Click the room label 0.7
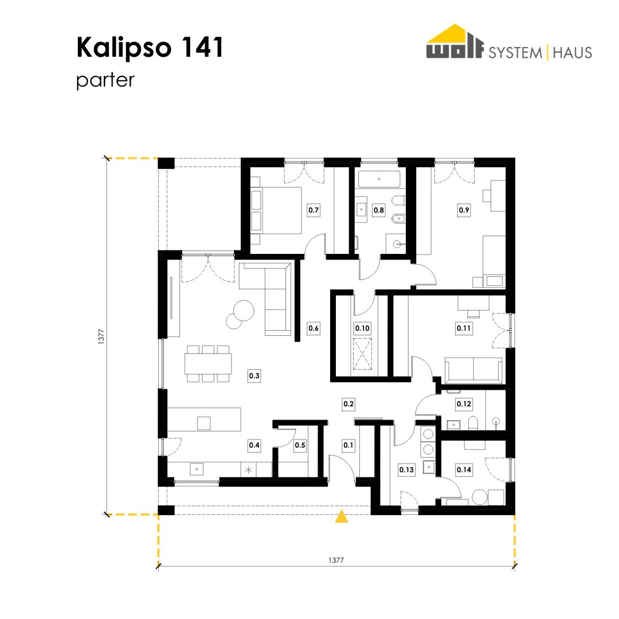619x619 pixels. [x=314, y=210]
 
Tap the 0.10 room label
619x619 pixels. [x=362, y=328]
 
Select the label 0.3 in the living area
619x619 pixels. [x=254, y=375]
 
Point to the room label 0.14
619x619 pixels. [x=464, y=469]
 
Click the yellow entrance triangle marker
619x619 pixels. [x=342, y=516]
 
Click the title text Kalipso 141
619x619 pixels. [x=150, y=48]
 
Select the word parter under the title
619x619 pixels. [x=105, y=81]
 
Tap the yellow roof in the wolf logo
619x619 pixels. [x=455, y=33]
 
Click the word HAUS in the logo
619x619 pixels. [x=572, y=53]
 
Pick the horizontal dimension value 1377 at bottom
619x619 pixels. [x=336, y=560]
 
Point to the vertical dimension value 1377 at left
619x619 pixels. [x=101, y=337]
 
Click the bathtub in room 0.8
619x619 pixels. [x=379, y=179]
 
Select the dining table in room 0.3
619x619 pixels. [x=208, y=363]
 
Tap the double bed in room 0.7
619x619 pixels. [x=276, y=210]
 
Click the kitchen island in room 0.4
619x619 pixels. [x=204, y=419]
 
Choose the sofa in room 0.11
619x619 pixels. [x=474, y=371]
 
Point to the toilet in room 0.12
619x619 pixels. [x=473, y=422]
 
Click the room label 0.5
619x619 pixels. [x=300, y=445]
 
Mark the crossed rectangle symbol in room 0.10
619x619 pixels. [x=362, y=354]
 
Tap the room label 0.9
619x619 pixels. [x=464, y=210]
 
